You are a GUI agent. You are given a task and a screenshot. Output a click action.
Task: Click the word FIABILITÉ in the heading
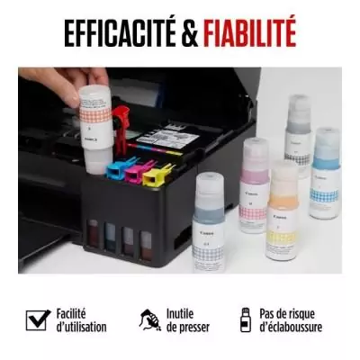250,32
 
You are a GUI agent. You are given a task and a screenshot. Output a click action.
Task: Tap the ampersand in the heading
192,33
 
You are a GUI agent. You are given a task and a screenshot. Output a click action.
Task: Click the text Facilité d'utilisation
80,320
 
